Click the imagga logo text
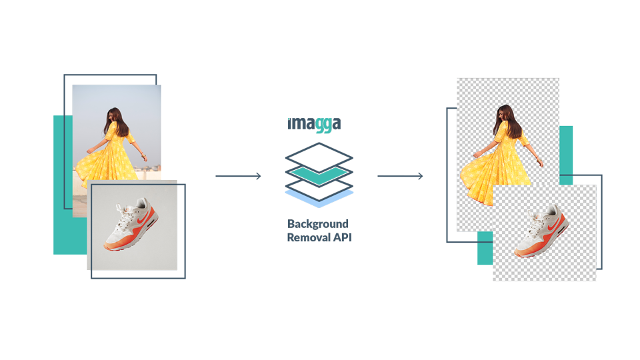pos(315,124)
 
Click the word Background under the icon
pos(318,224)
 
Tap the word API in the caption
pos(339,237)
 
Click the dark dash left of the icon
pos(238,176)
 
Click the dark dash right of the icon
pos(400,176)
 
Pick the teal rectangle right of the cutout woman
pos(566,150)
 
